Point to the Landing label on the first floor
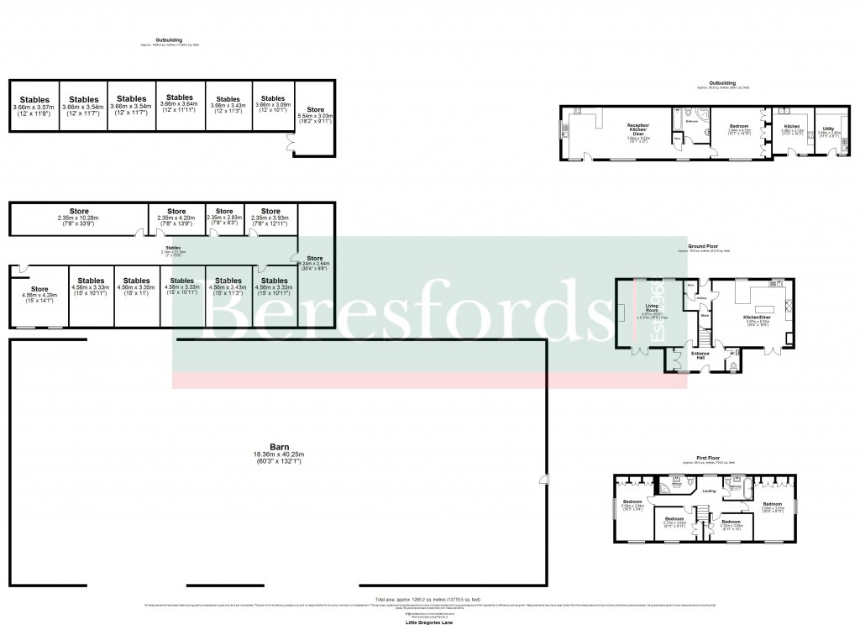point(709,491)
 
